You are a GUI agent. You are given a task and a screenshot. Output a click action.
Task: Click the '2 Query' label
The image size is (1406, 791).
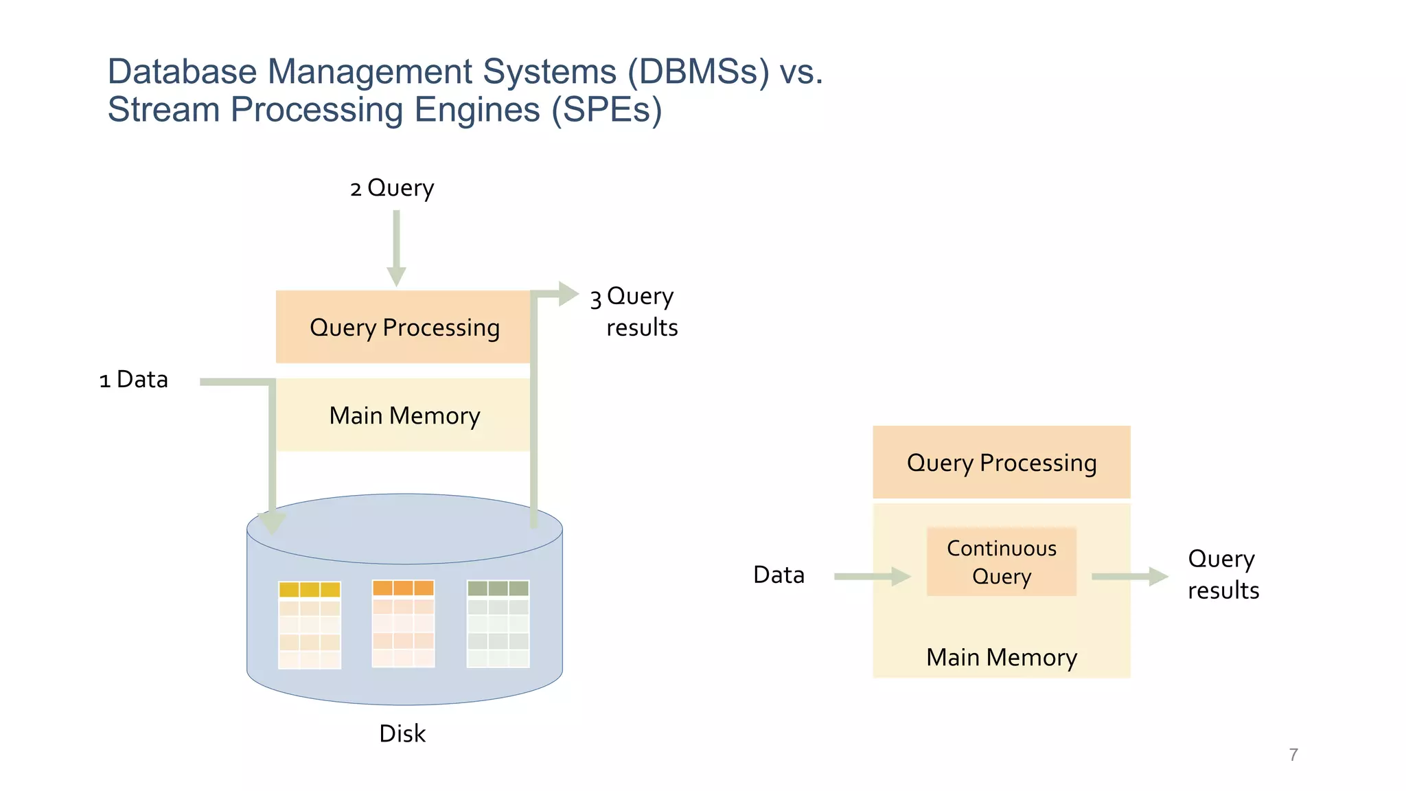coord(392,188)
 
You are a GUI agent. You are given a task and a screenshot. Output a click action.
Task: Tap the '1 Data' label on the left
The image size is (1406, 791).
coord(134,380)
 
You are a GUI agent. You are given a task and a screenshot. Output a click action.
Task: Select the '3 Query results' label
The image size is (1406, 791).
coord(634,312)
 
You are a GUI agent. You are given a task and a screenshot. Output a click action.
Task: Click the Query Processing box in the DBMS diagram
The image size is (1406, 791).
coord(404,328)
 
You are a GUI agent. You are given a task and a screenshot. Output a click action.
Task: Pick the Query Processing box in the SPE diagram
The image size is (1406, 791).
coord(1001,462)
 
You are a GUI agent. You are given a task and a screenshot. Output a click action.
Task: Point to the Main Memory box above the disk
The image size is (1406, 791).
coord(404,415)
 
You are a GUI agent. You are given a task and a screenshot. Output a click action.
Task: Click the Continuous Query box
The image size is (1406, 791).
coord(1001,562)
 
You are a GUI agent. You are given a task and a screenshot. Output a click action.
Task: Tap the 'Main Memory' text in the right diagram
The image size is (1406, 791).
coord(1001,658)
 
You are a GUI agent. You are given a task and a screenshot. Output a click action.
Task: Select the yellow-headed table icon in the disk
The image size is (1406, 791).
coord(310,625)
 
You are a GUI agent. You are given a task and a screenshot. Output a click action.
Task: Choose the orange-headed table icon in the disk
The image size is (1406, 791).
coord(403,623)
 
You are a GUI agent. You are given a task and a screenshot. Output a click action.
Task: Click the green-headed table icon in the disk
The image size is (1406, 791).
coord(498,623)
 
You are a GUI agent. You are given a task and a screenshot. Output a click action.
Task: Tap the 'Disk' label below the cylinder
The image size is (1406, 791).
coord(402,734)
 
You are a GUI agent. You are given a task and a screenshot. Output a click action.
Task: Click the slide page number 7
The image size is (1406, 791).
coord(1293,755)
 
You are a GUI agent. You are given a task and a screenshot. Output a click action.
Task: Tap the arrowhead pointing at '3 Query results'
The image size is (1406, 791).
coord(568,294)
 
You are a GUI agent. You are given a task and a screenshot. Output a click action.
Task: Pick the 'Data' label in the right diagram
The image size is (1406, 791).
coord(779,575)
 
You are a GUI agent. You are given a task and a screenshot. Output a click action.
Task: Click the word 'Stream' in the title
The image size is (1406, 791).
coord(163,110)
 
